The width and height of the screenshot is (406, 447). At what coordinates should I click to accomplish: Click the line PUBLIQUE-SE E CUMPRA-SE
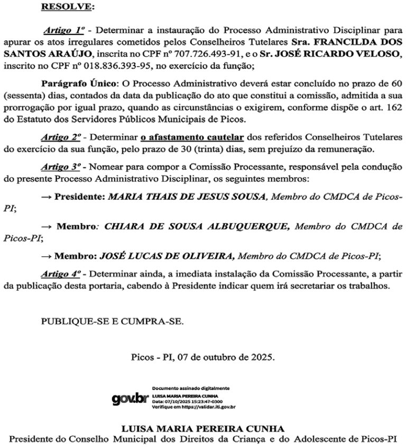click(x=113, y=320)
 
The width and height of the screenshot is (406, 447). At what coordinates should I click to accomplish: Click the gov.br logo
click(x=130, y=398)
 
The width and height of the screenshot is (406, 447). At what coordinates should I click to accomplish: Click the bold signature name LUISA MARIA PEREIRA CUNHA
click(x=202, y=428)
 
